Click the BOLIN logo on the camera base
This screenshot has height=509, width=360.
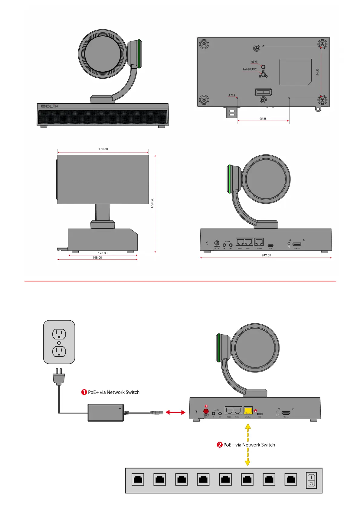[50, 106]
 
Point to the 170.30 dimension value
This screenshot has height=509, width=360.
[103, 149]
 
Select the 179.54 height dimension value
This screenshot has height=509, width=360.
[152, 203]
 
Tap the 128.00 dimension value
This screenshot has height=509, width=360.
[103, 253]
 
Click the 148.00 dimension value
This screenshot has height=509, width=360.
[97, 258]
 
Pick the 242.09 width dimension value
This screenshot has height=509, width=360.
[266, 255]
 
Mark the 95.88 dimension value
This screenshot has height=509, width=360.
[263, 118]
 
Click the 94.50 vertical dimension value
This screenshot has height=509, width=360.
[317, 72]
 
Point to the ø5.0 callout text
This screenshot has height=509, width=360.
[254, 62]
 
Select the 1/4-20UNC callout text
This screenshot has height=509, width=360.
[249, 69]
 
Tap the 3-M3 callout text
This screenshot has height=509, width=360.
[231, 95]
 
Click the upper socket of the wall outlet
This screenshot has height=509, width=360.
[59, 334]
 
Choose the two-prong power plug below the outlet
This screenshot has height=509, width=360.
[59, 376]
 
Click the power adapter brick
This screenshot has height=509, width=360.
[106, 413]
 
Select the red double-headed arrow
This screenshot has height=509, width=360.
[175, 412]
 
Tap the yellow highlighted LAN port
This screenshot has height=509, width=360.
[248, 411]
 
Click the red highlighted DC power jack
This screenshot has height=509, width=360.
[206, 411]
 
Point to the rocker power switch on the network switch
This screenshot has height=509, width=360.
[311, 480]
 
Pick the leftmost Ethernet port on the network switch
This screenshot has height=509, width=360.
[138, 479]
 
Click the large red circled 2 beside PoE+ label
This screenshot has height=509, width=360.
[220, 445]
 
